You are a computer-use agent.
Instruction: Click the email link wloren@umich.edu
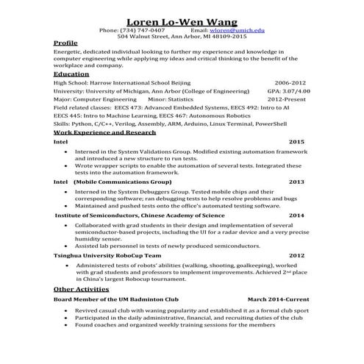pyautogui.click(x=236, y=30)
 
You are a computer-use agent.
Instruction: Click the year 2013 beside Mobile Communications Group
pyautogui.click(x=296, y=181)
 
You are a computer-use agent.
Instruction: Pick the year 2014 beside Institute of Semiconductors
pyautogui.click(x=296, y=215)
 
